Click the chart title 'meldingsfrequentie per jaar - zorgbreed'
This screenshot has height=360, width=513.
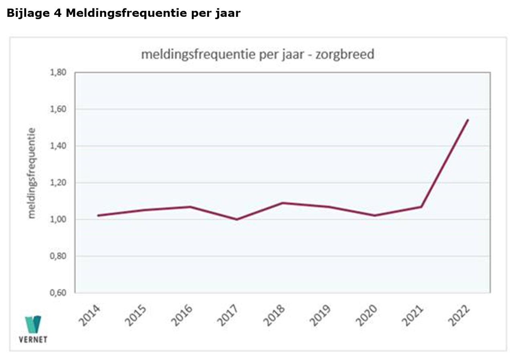coord(257,54)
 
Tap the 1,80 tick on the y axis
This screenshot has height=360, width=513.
coord(58,73)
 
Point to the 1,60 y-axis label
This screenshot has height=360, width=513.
coord(58,109)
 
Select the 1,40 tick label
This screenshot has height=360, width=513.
coord(58,146)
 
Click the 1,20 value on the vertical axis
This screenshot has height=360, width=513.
coord(58,183)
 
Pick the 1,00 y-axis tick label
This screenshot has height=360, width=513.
coord(58,220)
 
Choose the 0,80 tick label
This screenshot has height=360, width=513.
coord(58,257)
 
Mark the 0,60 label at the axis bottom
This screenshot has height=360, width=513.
coord(58,293)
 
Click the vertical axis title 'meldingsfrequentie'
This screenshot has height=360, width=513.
coord(32,173)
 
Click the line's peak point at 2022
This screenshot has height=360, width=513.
coord(467,120)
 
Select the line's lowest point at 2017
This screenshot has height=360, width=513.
coord(236,219)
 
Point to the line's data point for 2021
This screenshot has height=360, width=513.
coord(421,207)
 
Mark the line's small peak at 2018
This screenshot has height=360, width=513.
coord(283,203)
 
